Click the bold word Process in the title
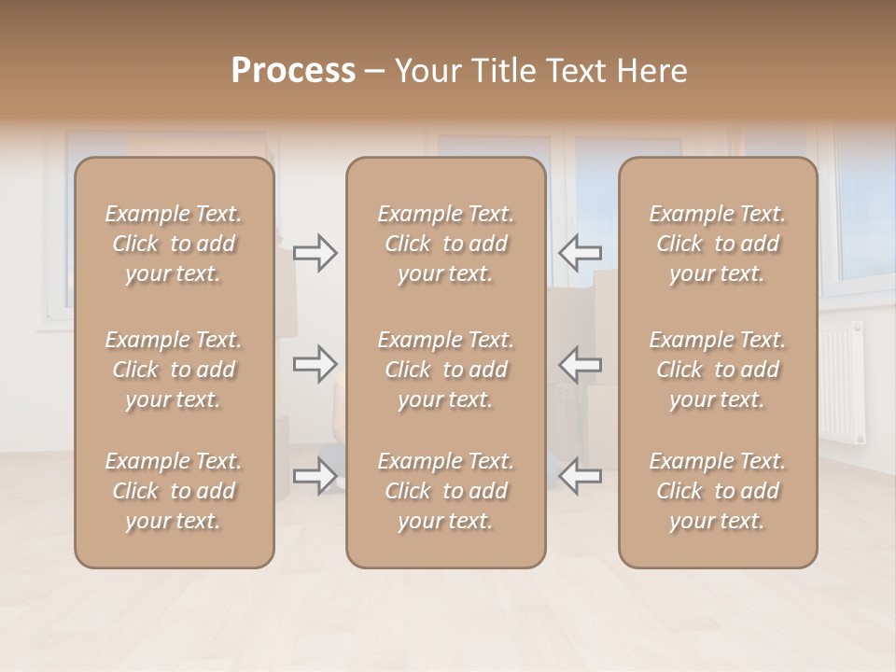293,71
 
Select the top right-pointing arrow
315,253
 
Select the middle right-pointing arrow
315,364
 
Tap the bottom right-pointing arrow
315,477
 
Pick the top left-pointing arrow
580,253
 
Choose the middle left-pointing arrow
580,364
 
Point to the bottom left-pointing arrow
580,477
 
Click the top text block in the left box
174,244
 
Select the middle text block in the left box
174,370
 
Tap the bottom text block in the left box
174,491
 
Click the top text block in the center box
445,244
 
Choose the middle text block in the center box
445,370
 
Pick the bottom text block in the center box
445,491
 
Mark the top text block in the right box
717,244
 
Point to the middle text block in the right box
717,370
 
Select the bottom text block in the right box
717,491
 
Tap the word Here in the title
653,71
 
